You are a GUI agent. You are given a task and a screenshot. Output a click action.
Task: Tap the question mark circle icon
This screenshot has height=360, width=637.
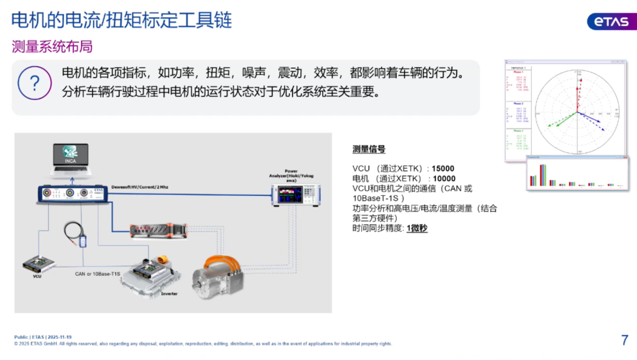(x=35, y=83)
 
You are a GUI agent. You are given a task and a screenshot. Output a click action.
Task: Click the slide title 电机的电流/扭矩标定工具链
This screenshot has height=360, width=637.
(x=122, y=20)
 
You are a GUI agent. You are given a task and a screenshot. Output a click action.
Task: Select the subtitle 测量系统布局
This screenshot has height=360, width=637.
(x=52, y=47)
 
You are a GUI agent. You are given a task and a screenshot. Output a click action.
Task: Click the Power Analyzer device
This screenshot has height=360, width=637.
(x=295, y=195)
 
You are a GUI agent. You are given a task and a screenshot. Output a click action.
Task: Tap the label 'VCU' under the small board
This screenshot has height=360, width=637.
(x=37, y=276)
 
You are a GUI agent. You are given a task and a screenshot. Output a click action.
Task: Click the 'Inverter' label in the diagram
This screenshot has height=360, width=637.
(x=169, y=293)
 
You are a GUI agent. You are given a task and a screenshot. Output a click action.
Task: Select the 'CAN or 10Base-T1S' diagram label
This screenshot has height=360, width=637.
(x=98, y=274)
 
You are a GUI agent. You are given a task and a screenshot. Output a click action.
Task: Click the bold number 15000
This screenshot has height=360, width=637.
(x=443, y=169)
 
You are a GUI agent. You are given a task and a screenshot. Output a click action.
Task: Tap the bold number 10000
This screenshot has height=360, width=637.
(x=444, y=178)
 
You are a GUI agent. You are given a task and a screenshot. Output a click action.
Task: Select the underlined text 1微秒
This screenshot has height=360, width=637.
(x=417, y=228)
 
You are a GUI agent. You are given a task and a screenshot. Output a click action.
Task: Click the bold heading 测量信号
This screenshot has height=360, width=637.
(x=369, y=149)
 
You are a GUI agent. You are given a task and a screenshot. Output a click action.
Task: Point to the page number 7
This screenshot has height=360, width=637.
(x=625, y=340)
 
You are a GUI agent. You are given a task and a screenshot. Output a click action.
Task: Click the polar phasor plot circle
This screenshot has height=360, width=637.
(x=578, y=112)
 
